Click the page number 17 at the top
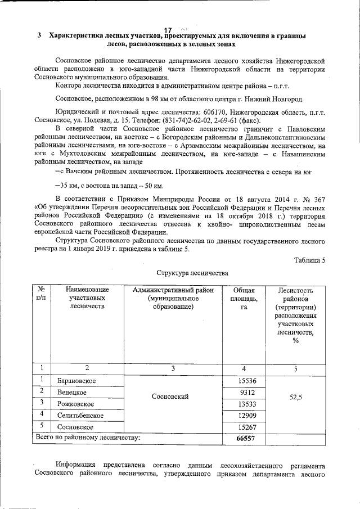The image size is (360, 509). click(167, 29)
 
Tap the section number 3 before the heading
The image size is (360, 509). click(39, 36)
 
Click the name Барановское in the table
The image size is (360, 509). click(76, 381)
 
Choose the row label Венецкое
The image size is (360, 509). click(71, 393)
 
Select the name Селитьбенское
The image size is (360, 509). click(80, 416)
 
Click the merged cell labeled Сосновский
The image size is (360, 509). click(170, 397)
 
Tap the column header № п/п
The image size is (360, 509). click(41, 294)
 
